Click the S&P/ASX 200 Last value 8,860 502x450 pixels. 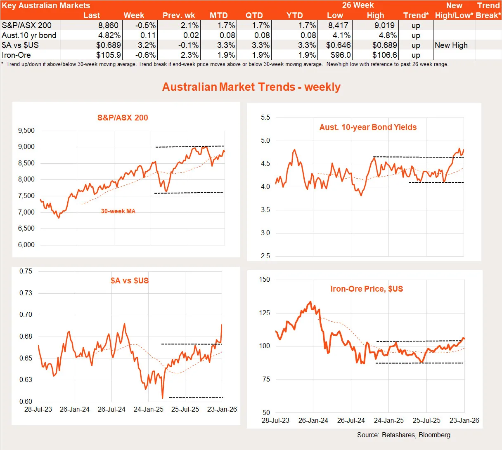click(x=108, y=26)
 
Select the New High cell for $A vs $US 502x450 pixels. click(x=451, y=45)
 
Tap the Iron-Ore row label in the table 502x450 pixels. click(x=16, y=55)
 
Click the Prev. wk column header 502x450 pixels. click(x=179, y=16)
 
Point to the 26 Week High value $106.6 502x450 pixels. click(x=384, y=55)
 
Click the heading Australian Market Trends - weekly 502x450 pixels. click(x=251, y=87)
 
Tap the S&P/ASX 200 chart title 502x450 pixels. click(x=123, y=118)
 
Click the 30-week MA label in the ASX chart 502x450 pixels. click(x=118, y=211)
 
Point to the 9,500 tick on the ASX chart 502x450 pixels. click(x=26, y=131)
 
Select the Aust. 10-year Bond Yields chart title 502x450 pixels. click(x=368, y=127)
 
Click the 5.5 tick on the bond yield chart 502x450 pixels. click(x=265, y=118)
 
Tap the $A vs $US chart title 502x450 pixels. click(x=130, y=281)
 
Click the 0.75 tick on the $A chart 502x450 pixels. click(x=26, y=271)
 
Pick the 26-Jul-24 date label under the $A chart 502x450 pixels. click(x=111, y=410)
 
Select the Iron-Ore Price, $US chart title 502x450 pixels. click(x=367, y=289)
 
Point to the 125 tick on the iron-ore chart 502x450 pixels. click(x=264, y=313)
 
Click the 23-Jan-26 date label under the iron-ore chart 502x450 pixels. click(x=464, y=421)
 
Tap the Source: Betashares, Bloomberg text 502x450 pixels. click(x=404, y=435)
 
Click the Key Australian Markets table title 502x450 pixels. click(x=46, y=6)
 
